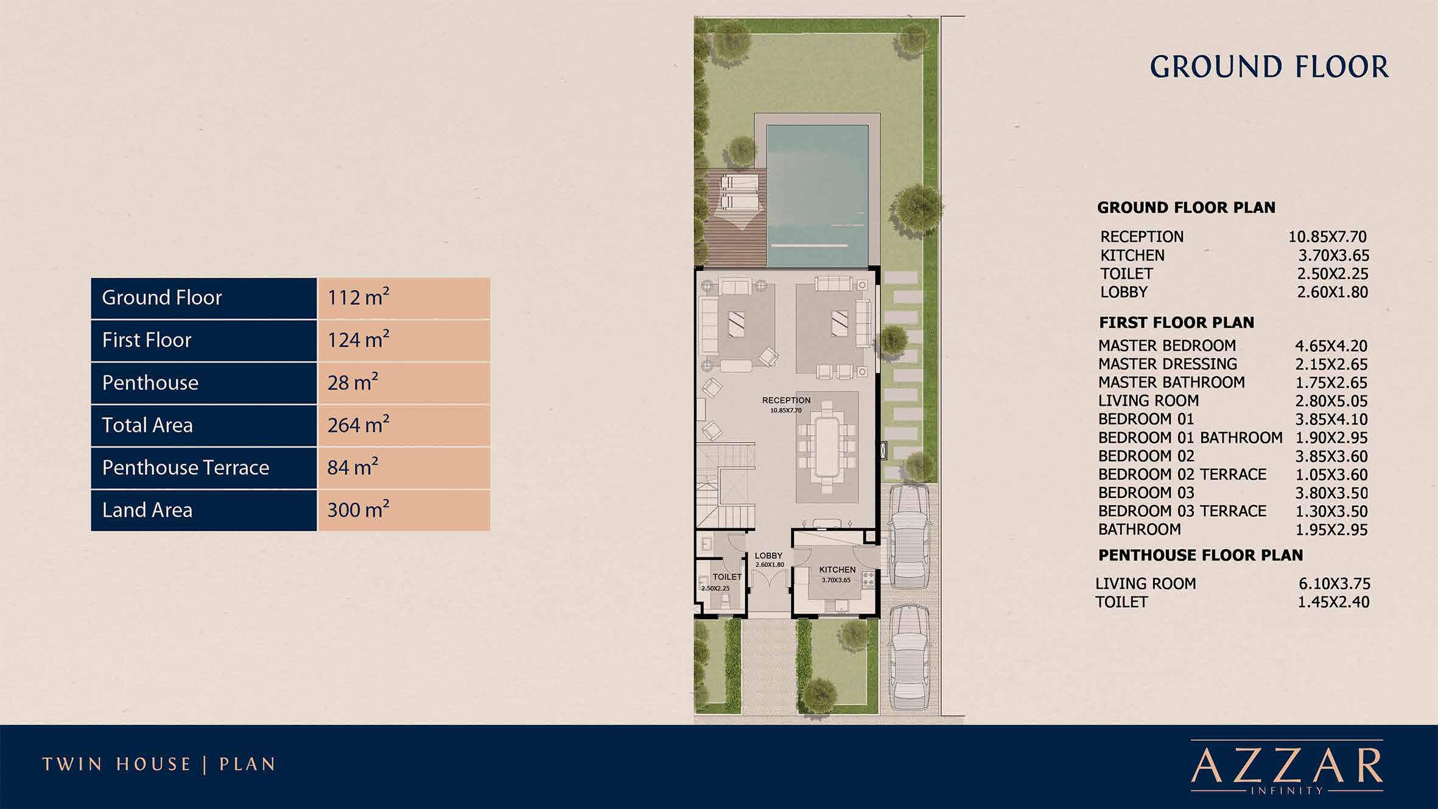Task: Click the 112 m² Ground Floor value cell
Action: pyautogui.click(x=403, y=298)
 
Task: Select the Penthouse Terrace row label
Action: pyautogui.click(x=186, y=468)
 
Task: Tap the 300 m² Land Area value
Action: pyautogui.click(x=403, y=510)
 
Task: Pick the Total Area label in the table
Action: pyautogui.click(x=148, y=425)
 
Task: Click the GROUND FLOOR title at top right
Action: pyautogui.click(x=1269, y=68)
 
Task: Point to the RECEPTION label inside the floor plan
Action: pyautogui.click(x=786, y=401)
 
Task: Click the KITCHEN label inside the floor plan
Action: pyautogui.click(x=837, y=570)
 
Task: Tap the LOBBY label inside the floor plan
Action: pyautogui.click(x=768, y=556)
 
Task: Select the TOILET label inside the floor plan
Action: pyautogui.click(x=727, y=576)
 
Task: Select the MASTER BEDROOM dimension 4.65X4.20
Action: pyautogui.click(x=1331, y=346)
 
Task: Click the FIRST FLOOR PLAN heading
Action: pyautogui.click(x=1176, y=323)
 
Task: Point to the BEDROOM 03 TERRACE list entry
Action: pyautogui.click(x=1182, y=511)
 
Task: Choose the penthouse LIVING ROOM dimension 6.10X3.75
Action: pyautogui.click(x=1334, y=584)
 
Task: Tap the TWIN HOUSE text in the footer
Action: pyautogui.click(x=116, y=765)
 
